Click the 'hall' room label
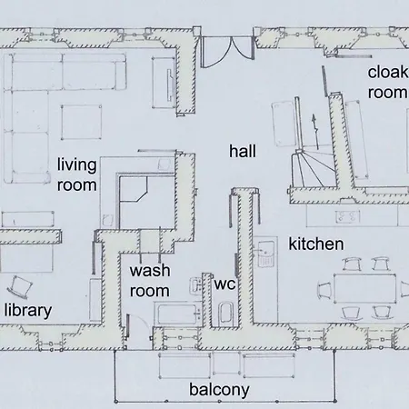243,151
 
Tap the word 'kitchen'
316,244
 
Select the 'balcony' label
219,390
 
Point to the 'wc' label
224,284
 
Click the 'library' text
28,311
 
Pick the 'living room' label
77,175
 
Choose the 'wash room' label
150,281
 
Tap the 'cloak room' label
388,83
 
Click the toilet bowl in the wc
225,314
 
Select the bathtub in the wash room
178,314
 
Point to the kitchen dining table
365,288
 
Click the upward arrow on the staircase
315,132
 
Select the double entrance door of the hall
227,51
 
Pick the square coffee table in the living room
81,122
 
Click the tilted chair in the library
20,286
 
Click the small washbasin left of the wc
195,284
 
